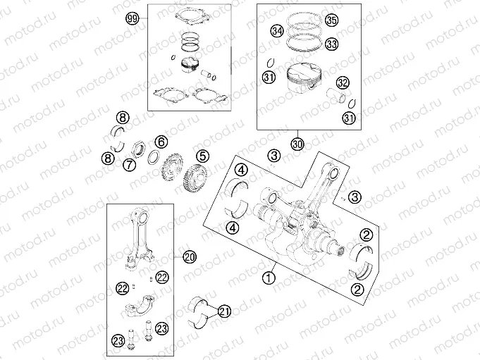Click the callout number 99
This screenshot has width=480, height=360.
coord(131,20)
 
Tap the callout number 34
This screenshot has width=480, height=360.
coord(278,31)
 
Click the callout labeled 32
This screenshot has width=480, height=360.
coord(343,82)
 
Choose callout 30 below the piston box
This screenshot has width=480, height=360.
coord(297,144)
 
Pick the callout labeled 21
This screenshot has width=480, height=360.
coord(224,311)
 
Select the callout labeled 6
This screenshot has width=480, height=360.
coord(161,142)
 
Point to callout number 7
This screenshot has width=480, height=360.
coord(130,165)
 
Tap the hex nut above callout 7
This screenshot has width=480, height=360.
coord(139,149)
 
